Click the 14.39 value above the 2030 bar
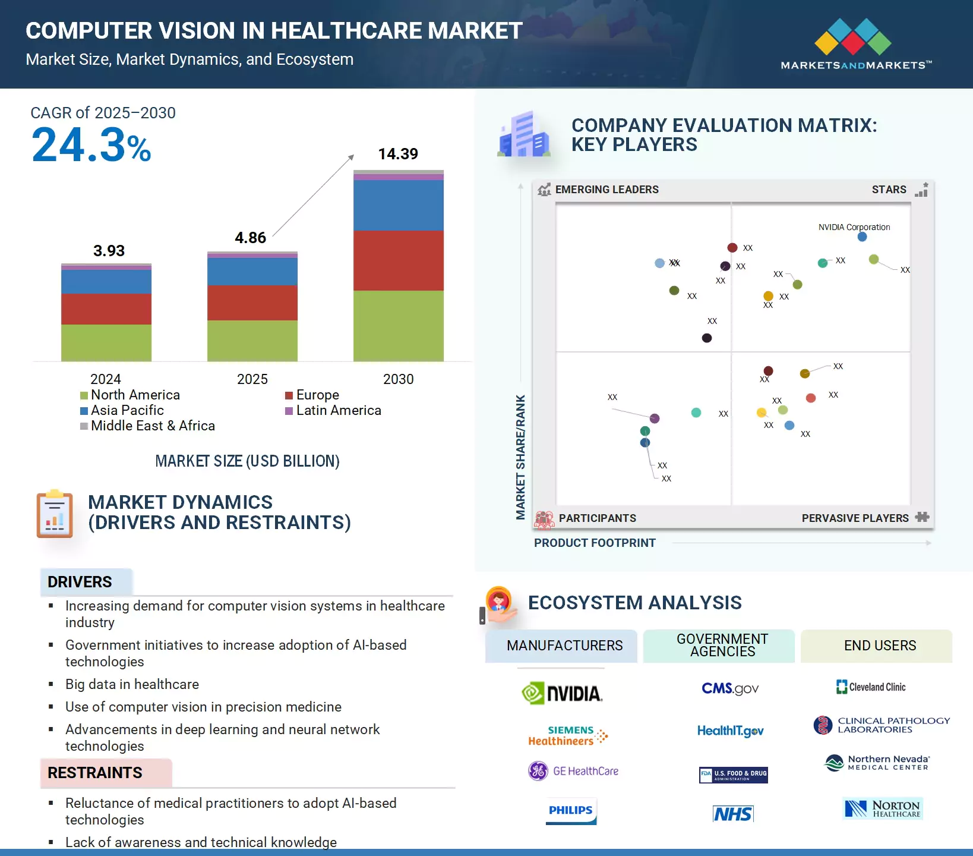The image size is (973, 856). point(398,154)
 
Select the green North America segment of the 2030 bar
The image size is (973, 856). point(398,325)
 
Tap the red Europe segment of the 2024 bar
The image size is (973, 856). point(106,309)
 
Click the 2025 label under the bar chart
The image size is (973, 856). point(252,379)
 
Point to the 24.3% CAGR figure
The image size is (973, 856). point(91,146)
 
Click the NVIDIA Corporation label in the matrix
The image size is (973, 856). point(854,227)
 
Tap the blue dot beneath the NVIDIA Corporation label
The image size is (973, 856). point(863,237)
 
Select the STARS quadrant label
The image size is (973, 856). point(889,190)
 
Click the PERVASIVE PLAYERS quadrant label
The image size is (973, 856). point(855,518)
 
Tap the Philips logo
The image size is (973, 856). point(571,811)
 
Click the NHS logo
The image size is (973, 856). point(733,814)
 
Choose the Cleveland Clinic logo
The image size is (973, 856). point(871,687)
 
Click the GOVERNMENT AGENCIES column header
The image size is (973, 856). point(722,646)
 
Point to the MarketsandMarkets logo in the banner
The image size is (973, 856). point(855,45)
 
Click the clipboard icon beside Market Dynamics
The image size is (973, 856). point(55,515)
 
